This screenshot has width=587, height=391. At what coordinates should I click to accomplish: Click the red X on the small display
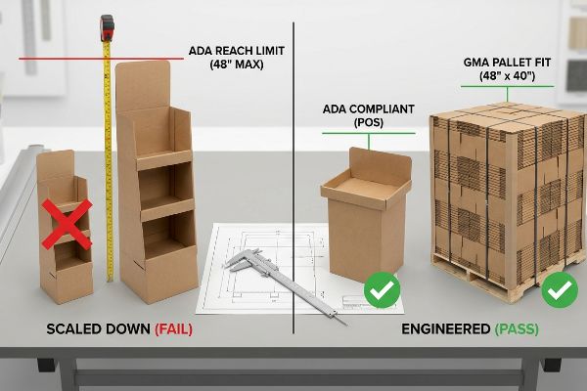[x=67, y=224]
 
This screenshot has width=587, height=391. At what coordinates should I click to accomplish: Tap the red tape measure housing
[x=107, y=27]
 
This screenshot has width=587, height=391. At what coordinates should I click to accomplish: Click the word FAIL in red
[x=174, y=329]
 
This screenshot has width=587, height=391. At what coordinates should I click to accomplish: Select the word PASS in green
[x=517, y=329]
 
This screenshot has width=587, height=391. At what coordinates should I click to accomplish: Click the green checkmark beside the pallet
[x=560, y=290]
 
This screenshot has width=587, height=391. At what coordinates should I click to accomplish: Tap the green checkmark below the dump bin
[x=383, y=290]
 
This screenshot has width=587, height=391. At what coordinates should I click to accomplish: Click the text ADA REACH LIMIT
[x=237, y=51]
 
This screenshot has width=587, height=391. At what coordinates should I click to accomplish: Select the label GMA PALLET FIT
[x=507, y=63]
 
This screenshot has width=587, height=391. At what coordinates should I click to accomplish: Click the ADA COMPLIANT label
[x=369, y=109]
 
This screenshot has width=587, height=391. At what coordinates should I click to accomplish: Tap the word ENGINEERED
[x=446, y=329]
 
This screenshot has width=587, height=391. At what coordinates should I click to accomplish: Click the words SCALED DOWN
[x=99, y=329]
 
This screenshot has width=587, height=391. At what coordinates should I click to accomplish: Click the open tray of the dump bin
[x=366, y=189]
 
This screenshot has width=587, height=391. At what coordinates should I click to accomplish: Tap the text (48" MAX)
[x=237, y=65]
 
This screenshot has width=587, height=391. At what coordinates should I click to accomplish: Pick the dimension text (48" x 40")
[x=507, y=76]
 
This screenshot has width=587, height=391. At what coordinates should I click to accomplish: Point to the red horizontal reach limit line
[x=101, y=59]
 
